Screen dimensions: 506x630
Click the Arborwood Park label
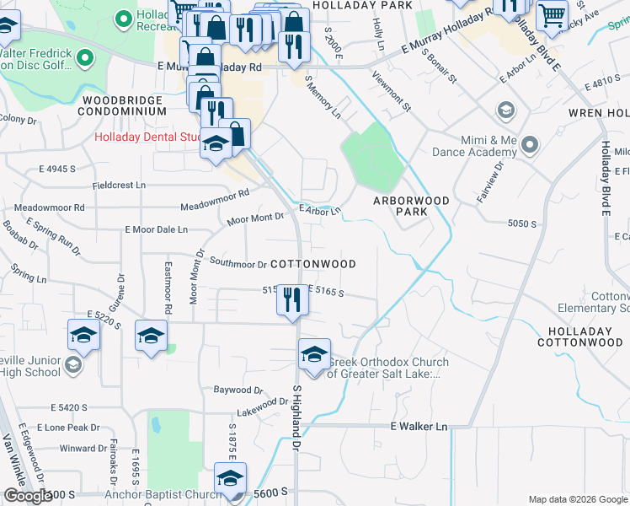point(412,207)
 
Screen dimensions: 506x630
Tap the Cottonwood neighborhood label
point(314,264)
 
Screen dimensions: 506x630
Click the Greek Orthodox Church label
point(387,369)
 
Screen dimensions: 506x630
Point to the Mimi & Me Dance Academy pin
point(530,145)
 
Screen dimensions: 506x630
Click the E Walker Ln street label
point(419,427)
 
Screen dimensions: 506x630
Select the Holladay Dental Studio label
point(147,137)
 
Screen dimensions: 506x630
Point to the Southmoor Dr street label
point(238,264)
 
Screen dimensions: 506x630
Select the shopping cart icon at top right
point(552,14)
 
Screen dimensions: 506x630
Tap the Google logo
point(27,496)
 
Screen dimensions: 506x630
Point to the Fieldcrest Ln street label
point(119,185)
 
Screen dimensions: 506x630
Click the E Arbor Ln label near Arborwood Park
point(320,209)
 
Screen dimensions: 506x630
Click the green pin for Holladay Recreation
point(124,17)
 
